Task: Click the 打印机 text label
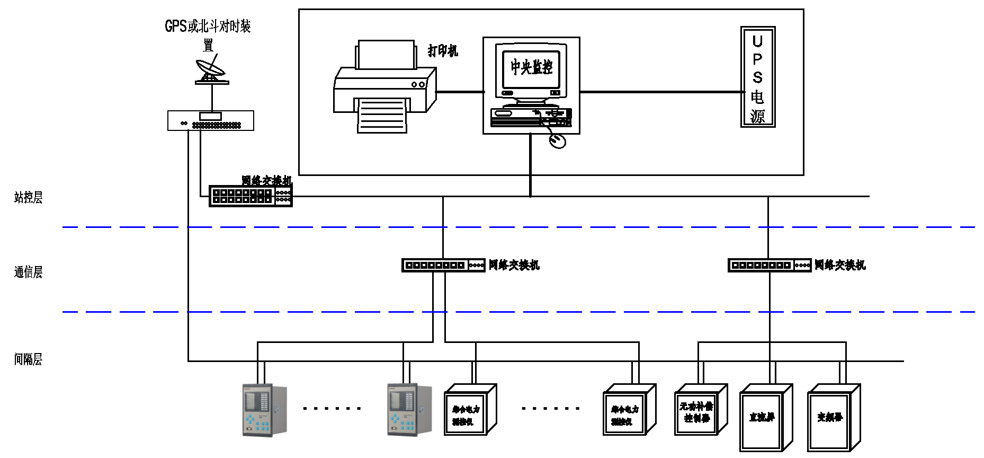[x=443, y=51]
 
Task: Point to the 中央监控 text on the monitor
[x=531, y=67]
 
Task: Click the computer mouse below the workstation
[x=557, y=141]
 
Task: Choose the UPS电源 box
[x=758, y=77]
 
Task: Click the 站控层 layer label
[x=28, y=198]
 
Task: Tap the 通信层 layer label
[x=28, y=272]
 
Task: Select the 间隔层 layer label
[x=28, y=360]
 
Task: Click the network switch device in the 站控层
[x=251, y=196]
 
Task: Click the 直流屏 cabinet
[x=763, y=419]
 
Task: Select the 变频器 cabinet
[x=830, y=419]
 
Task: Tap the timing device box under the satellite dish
[x=211, y=121]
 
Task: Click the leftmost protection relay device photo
[x=264, y=410]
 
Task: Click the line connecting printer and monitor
[x=460, y=92]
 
